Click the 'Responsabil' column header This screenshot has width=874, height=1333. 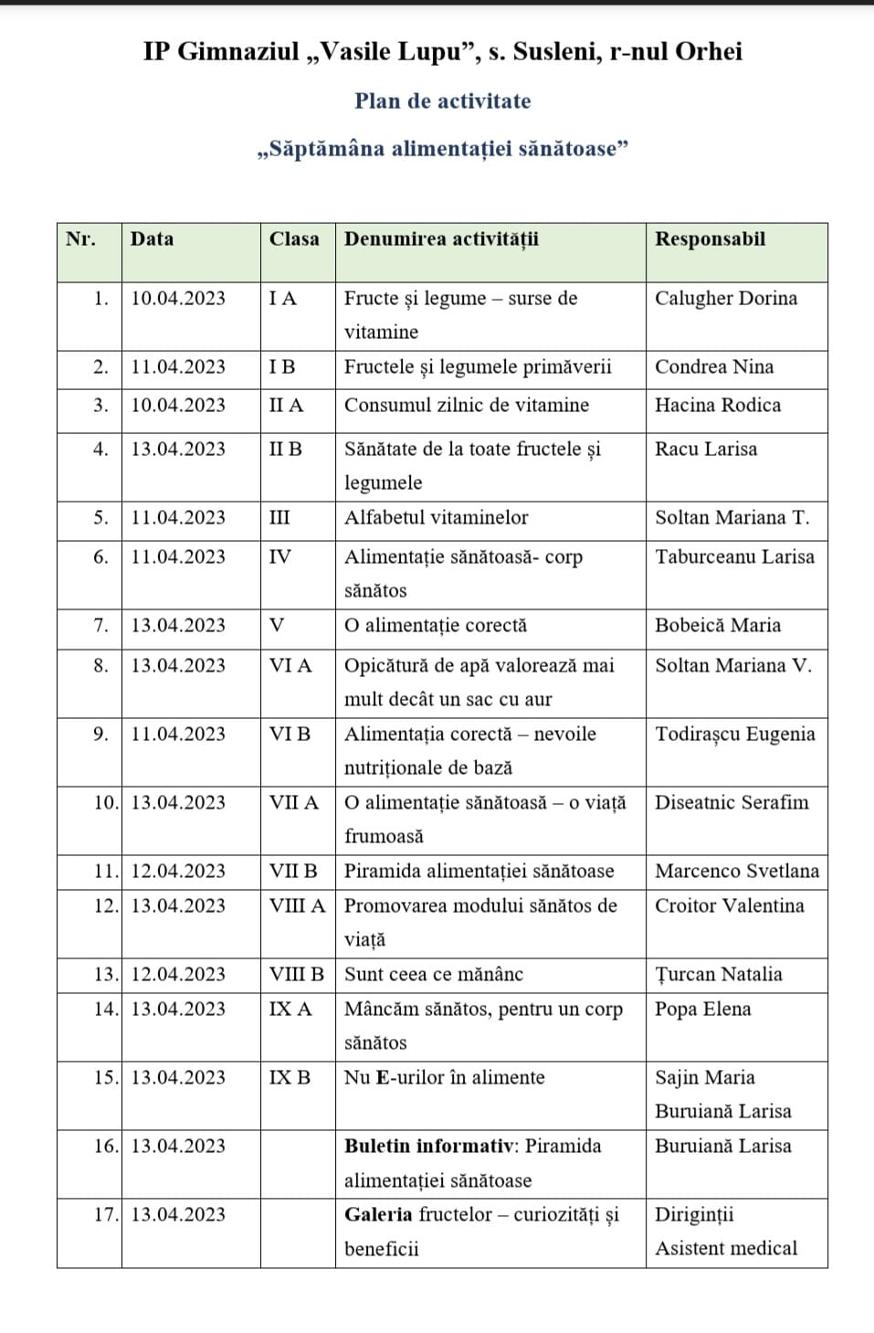click(710, 239)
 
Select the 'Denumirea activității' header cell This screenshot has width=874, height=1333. click(441, 239)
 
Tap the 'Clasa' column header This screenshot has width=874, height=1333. click(294, 239)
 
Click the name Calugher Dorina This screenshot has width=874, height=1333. click(725, 299)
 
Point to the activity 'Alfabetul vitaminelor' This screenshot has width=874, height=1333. click(436, 518)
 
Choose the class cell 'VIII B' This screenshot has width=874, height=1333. click(296, 975)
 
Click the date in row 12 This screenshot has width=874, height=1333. click(178, 906)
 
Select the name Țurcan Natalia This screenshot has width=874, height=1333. click(718, 975)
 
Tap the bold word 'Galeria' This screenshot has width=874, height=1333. click(378, 1215)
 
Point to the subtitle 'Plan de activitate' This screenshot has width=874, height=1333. click(442, 101)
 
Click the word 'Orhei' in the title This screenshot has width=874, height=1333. click(708, 52)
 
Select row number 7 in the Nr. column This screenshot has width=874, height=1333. click(100, 626)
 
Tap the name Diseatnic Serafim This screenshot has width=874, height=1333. click(731, 803)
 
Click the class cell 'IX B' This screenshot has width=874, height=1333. click(290, 1078)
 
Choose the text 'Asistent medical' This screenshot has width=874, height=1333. click(725, 1249)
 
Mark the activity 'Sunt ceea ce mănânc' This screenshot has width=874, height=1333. click(433, 975)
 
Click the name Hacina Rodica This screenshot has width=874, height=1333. click(717, 406)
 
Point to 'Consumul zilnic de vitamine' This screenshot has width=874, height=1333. click(466, 406)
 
